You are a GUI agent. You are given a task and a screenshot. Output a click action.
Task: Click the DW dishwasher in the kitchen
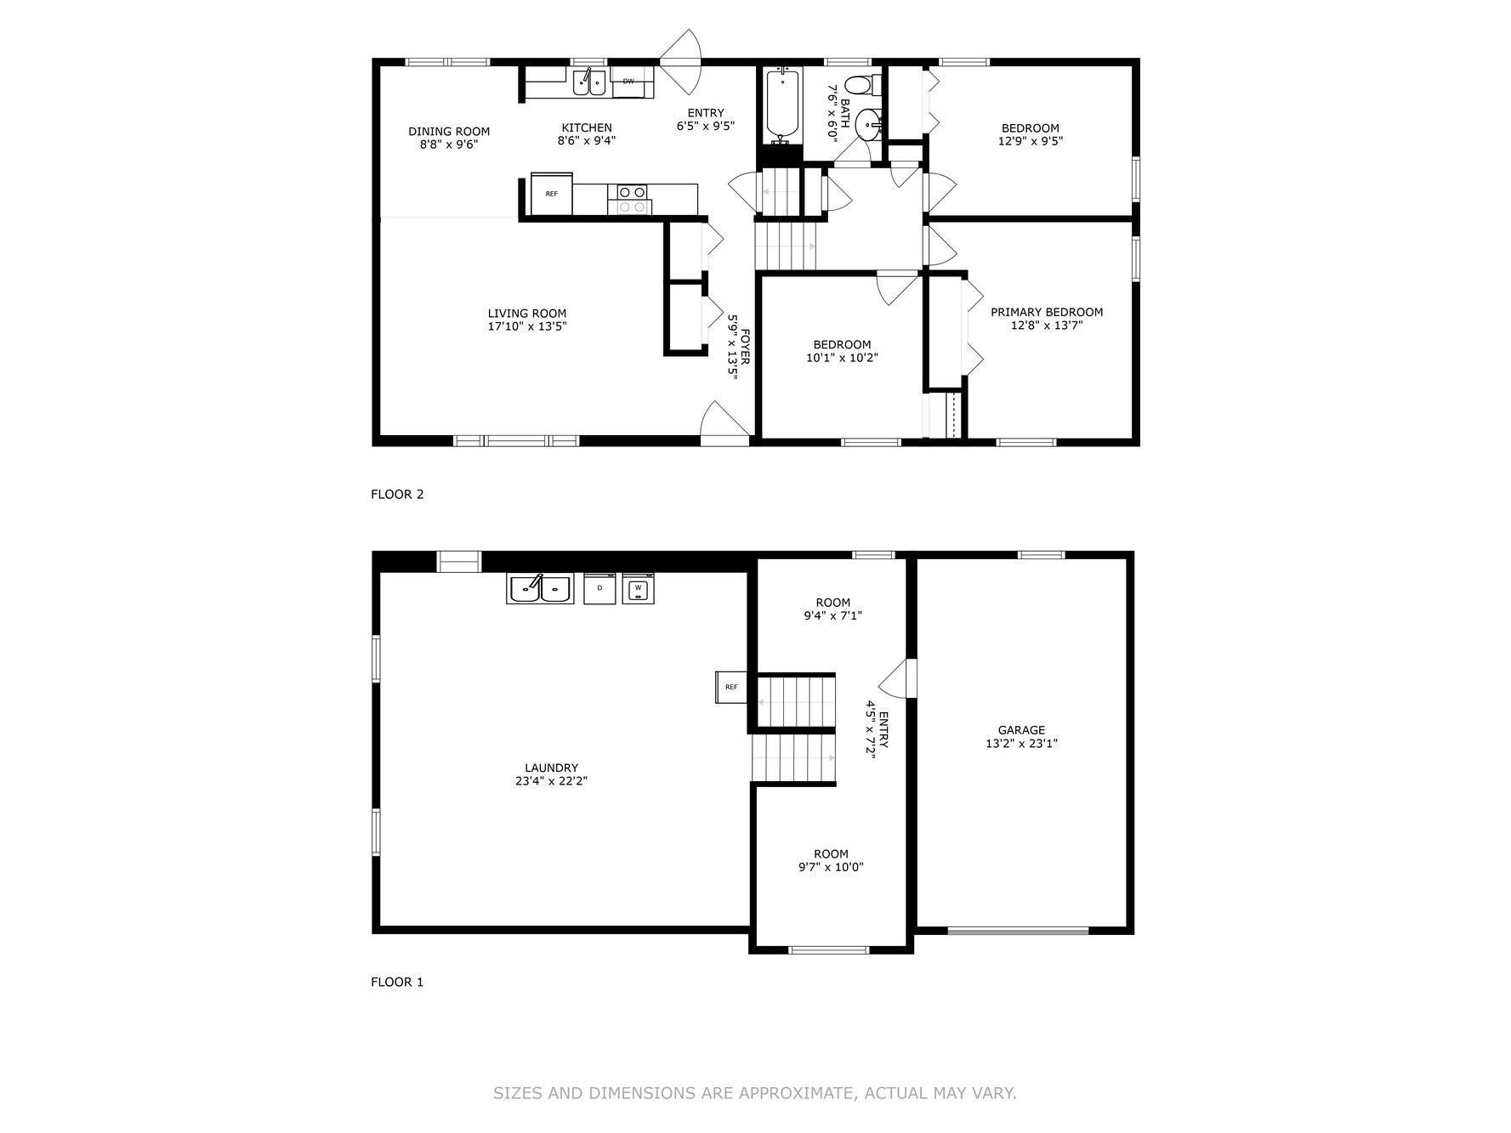(x=630, y=82)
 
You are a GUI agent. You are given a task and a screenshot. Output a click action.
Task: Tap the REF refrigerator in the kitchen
(x=552, y=194)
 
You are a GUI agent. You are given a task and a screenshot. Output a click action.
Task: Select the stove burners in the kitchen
(x=631, y=199)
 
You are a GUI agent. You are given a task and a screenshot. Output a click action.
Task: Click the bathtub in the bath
(x=783, y=105)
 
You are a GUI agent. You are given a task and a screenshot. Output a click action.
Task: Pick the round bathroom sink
(x=867, y=124)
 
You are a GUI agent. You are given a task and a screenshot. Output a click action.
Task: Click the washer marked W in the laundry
(x=638, y=588)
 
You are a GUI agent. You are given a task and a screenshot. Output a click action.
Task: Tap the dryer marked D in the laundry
(x=599, y=588)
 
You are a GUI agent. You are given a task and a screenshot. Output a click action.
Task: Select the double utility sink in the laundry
(x=540, y=588)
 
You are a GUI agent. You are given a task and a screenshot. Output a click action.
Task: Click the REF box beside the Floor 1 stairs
(x=730, y=687)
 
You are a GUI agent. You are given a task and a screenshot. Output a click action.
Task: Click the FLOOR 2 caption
(x=397, y=494)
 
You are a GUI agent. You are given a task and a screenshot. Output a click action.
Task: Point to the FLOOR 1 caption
(x=397, y=982)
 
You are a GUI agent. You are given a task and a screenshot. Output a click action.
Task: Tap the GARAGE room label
(x=1021, y=730)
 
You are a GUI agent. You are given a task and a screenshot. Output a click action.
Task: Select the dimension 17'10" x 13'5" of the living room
(x=527, y=326)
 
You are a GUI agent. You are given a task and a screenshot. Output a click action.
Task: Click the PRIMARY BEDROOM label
(x=1047, y=312)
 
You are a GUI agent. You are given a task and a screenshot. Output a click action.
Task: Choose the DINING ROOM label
(x=449, y=131)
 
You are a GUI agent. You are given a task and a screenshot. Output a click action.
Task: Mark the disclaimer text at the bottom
(x=754, y=1093)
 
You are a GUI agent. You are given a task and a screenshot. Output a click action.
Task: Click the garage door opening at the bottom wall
(x=1018, y=931)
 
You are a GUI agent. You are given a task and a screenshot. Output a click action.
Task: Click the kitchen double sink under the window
(x=588, y=82)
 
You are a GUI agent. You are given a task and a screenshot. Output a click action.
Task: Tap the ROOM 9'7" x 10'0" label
(x=831, y=860)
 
